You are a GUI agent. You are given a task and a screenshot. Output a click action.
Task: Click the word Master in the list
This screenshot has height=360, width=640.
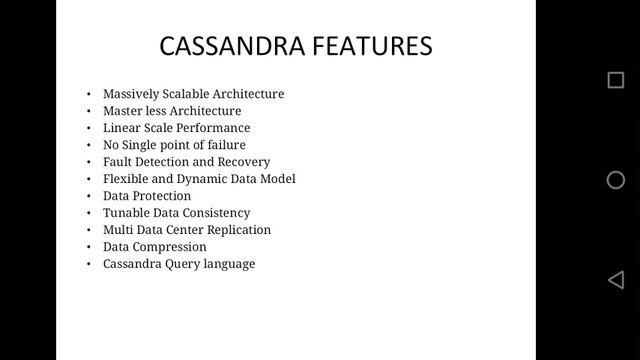(x=122, y=111)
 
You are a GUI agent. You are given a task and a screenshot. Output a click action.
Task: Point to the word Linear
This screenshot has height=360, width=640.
(x=122, y=128)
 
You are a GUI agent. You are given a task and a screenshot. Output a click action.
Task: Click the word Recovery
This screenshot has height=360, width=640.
(x=245, y=162)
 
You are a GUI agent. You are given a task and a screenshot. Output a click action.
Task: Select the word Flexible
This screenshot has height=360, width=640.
(x=127, y=179)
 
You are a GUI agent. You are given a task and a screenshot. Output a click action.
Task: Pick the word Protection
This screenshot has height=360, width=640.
(x=162, y=196)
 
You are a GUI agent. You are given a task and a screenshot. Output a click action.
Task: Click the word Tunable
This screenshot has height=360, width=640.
(x=126, y=213)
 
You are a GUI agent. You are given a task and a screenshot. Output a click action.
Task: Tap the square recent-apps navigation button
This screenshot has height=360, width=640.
(x=616, y=80)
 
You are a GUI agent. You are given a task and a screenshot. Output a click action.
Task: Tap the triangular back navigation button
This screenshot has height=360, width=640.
(x=616, y=280)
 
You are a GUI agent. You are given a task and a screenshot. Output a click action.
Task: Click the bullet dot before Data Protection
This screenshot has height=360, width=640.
(x=88, y=196)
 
